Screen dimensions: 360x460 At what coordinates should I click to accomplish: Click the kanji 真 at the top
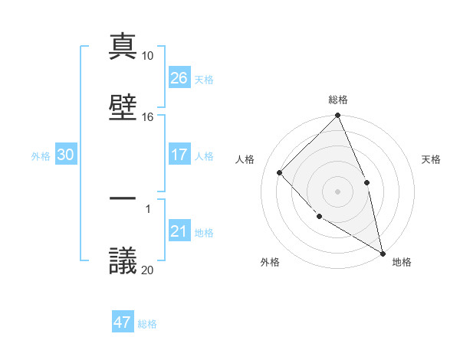click(x=123, y=46)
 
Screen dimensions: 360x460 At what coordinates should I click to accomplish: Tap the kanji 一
click(x=123, y=198)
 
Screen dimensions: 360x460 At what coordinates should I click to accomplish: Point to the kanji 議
click(x=123, y=260)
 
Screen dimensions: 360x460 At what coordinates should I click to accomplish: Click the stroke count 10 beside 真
click(x=147, y=56)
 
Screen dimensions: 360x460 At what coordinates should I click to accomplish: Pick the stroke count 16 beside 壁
click(x=147, y=117)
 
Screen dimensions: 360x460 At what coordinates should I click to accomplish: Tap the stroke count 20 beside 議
click(x=147, y=270)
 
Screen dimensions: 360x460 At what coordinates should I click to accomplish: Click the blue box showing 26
click(x=179, y=77)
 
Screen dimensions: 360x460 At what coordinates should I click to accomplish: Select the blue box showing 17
click(x=179, y=155)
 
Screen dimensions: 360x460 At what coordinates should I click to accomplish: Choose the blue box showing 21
click(x=179, y=231)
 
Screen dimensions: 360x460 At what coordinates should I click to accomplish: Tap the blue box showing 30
click(x=66, y=155)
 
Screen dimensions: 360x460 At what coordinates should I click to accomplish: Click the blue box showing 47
click(x=123, y=322)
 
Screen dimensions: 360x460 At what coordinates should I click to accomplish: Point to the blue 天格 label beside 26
click(x=204, y=79)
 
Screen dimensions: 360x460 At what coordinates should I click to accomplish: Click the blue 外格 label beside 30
click(x=41, y=155)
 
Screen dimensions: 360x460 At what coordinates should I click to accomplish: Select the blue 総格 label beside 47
click(x=147, y=324)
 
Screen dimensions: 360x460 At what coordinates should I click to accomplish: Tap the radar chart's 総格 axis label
click(x=338, y=100)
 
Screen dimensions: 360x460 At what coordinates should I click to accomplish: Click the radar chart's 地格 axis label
click(x=402, y=262)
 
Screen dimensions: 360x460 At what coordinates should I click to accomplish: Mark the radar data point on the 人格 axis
click(x=280, y=172)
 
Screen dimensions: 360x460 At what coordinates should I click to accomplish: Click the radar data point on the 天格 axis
click(x=366, y=182)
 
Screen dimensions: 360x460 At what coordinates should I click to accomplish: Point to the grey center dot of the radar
click(x=338, y=191)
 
